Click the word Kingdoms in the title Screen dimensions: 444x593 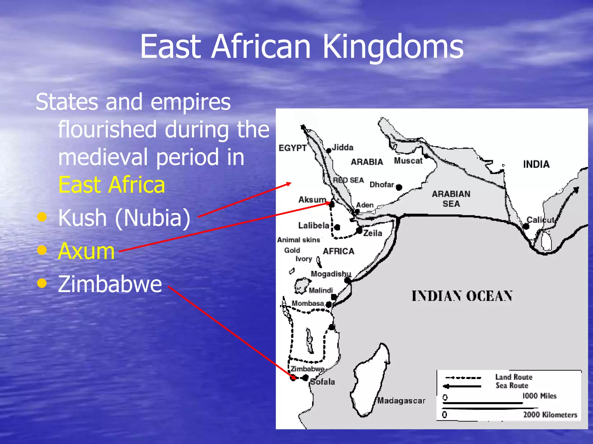393,47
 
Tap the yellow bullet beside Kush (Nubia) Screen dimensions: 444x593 42,217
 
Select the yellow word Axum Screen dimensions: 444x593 86,251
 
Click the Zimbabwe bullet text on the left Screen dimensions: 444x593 110,284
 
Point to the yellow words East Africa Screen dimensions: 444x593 111,185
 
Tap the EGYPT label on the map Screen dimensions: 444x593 292,148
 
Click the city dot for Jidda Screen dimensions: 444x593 329,151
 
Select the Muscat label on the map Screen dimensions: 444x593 408,161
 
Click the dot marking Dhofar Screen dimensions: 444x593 399,187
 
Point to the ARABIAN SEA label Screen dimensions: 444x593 451,199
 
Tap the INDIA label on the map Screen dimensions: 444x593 536,164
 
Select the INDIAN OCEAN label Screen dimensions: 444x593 462,296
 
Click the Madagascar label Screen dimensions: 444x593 401,401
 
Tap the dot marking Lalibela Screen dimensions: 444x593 337,227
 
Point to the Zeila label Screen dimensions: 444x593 373,233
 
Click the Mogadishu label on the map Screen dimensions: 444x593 331,274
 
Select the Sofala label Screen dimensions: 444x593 323,382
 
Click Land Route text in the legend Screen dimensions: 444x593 514,377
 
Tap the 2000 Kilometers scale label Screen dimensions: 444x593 550,415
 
